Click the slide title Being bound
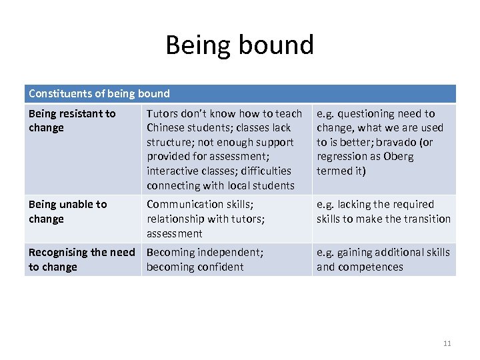[239, 45]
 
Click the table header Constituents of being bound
[99, 94]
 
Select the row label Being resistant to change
[72, 121]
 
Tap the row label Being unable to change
[67, 211]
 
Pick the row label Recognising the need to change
[81, 259]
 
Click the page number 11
[447, 343]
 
